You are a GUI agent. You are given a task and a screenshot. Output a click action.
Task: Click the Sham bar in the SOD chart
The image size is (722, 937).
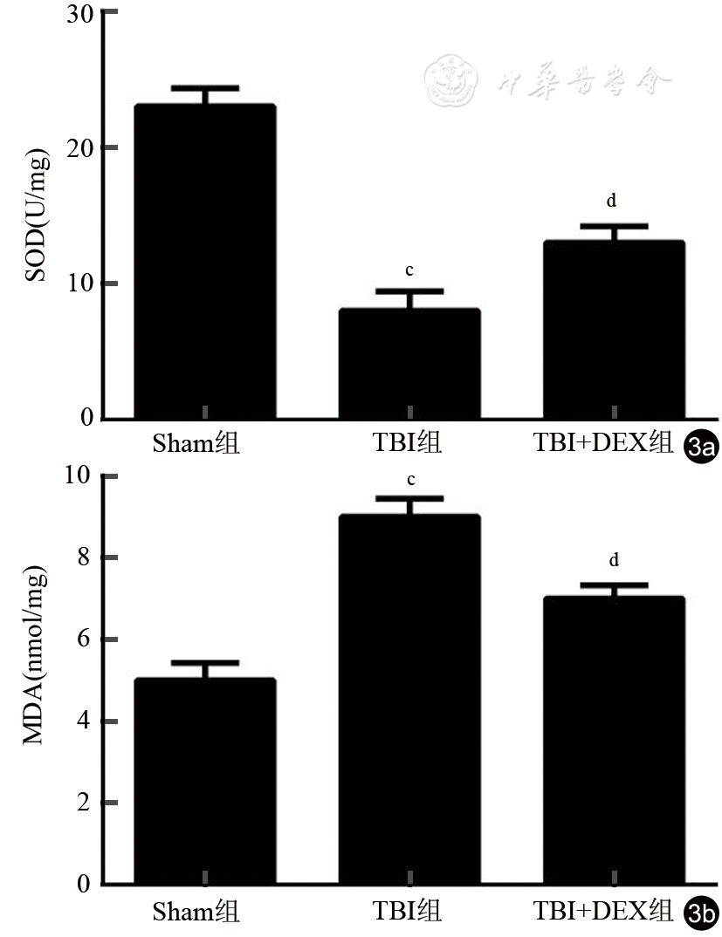[x=205, y=262]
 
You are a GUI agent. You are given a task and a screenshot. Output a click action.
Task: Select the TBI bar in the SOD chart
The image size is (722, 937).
[x=409, y=364]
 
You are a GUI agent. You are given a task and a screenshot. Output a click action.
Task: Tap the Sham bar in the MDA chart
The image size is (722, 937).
[x=205, y=781]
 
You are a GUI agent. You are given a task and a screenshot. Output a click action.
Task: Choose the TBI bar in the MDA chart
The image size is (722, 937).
[x=409, y=699]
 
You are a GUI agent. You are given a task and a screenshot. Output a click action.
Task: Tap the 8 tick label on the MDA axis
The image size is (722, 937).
[x=84, y=557]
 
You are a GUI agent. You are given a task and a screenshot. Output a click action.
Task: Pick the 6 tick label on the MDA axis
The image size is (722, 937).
[x=84, y=639]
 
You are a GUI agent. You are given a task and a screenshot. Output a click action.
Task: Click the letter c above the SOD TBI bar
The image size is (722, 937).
[x=409, y=268]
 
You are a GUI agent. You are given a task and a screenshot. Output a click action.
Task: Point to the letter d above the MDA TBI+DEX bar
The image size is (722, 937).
[x=613, y=559]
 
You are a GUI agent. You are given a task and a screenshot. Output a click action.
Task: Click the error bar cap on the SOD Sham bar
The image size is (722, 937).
[x=205, y=88]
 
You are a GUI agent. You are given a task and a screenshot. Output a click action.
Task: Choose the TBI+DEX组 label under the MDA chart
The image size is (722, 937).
[x=602, y=912]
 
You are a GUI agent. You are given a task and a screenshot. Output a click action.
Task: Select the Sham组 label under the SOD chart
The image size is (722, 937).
[x=196, y=444]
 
